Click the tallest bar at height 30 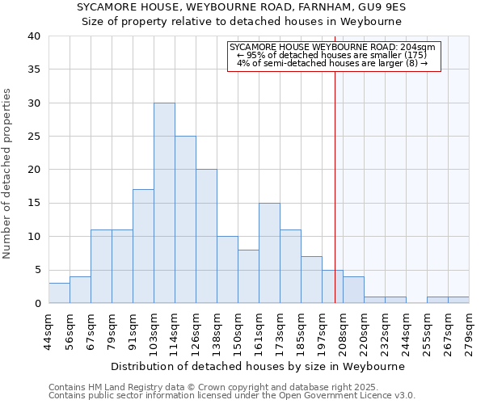(x=164, y=203)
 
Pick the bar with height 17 (x=143, y=246)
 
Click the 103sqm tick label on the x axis (x=154, y=331)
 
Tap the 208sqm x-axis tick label (x=343, y=331)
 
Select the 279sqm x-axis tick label (x=469, y=331)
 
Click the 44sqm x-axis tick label (x=48, y=331)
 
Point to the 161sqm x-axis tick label (x=259, y=331)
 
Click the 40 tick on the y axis (x=34, y=36)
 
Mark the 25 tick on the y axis (x=34, y=137)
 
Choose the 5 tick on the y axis (x=37, y=270)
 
